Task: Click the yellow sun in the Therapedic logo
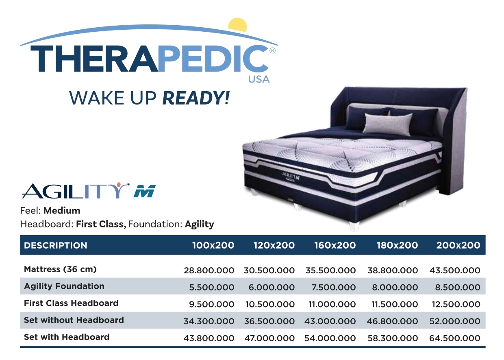pos(238,25)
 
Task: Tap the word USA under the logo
pos(259,79)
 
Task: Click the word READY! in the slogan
pos(196,98)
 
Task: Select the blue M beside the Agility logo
pos(144,191)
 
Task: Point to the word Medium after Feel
pos(62,211)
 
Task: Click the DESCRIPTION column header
pos(56,245)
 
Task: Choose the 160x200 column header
pos(335,245)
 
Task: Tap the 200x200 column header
pos(458,245)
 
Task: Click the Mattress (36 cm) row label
pos(60,269)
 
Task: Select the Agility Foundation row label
pos(64,286)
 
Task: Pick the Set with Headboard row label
pos(67,337)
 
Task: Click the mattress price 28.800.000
pos(209,271)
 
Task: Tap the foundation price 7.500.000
pos(333,287)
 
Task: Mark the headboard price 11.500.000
pos(394,304)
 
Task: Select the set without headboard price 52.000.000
pos(455,321)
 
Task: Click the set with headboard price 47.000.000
pos(269,338)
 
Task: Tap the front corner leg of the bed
pos(354,226)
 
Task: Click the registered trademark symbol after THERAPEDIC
pos(272,51)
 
